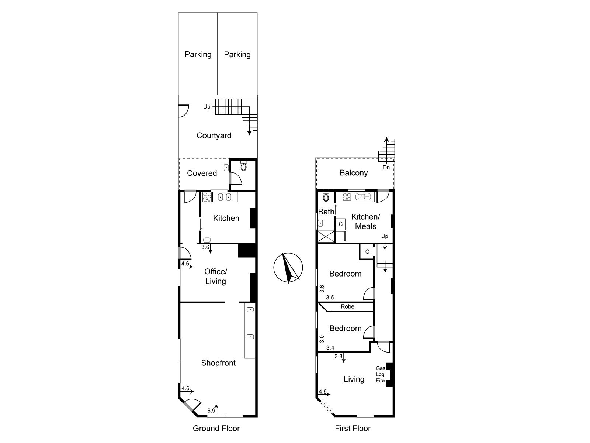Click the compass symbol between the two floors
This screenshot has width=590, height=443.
[288, 268]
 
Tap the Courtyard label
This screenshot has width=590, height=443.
[214, 135]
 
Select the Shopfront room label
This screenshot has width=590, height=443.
[218, 363]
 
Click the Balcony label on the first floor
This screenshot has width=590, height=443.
[354, 173]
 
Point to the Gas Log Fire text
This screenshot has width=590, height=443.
[380, 374]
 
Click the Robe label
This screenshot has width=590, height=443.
[347, 306]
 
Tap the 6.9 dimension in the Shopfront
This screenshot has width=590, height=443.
[211, 411]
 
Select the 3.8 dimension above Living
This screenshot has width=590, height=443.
[339, 356]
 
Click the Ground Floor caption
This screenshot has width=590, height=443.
[216, 428]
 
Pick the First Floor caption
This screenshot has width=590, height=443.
[353, 428]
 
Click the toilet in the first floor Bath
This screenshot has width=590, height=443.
[326, 197]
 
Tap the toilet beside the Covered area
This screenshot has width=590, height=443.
[243, 166]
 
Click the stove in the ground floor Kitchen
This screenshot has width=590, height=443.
[207, 197]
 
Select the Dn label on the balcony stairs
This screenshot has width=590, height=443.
[386, 167]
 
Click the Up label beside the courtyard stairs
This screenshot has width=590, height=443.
[206, 107]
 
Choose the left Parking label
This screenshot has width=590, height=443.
[198, 54]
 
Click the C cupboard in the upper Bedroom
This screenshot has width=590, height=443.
[367, 251]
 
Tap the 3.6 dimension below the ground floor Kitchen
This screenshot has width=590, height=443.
[205, 247]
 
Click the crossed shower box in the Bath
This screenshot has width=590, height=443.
[326, 236]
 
